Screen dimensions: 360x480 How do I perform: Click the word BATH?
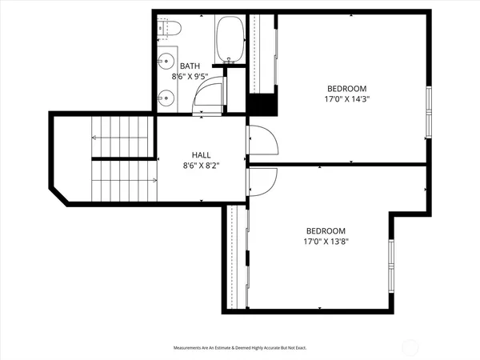[190, 66]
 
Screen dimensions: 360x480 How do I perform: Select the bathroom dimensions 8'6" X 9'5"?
[190, 78]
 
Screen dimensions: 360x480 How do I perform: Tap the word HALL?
[201, 155]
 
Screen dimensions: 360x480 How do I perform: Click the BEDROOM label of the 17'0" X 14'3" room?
[346, 88]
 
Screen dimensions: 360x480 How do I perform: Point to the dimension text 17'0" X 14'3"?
[346, 100]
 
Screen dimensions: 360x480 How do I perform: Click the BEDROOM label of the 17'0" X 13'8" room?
[323, 230]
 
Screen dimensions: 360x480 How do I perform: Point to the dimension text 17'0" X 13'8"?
[323, 241]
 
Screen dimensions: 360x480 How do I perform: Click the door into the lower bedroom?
[262, 182]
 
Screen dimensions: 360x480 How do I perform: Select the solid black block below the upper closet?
[262, 105]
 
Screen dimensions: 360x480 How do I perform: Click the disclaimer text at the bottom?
[240, 348]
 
